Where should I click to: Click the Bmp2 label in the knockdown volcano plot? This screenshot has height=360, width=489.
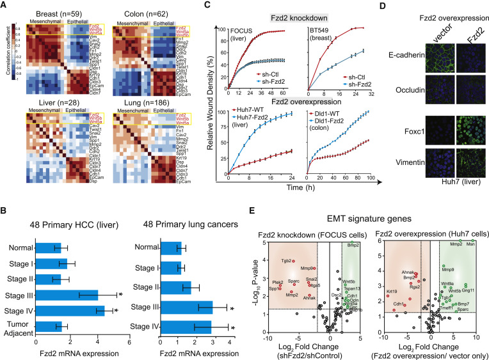point(353,228)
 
